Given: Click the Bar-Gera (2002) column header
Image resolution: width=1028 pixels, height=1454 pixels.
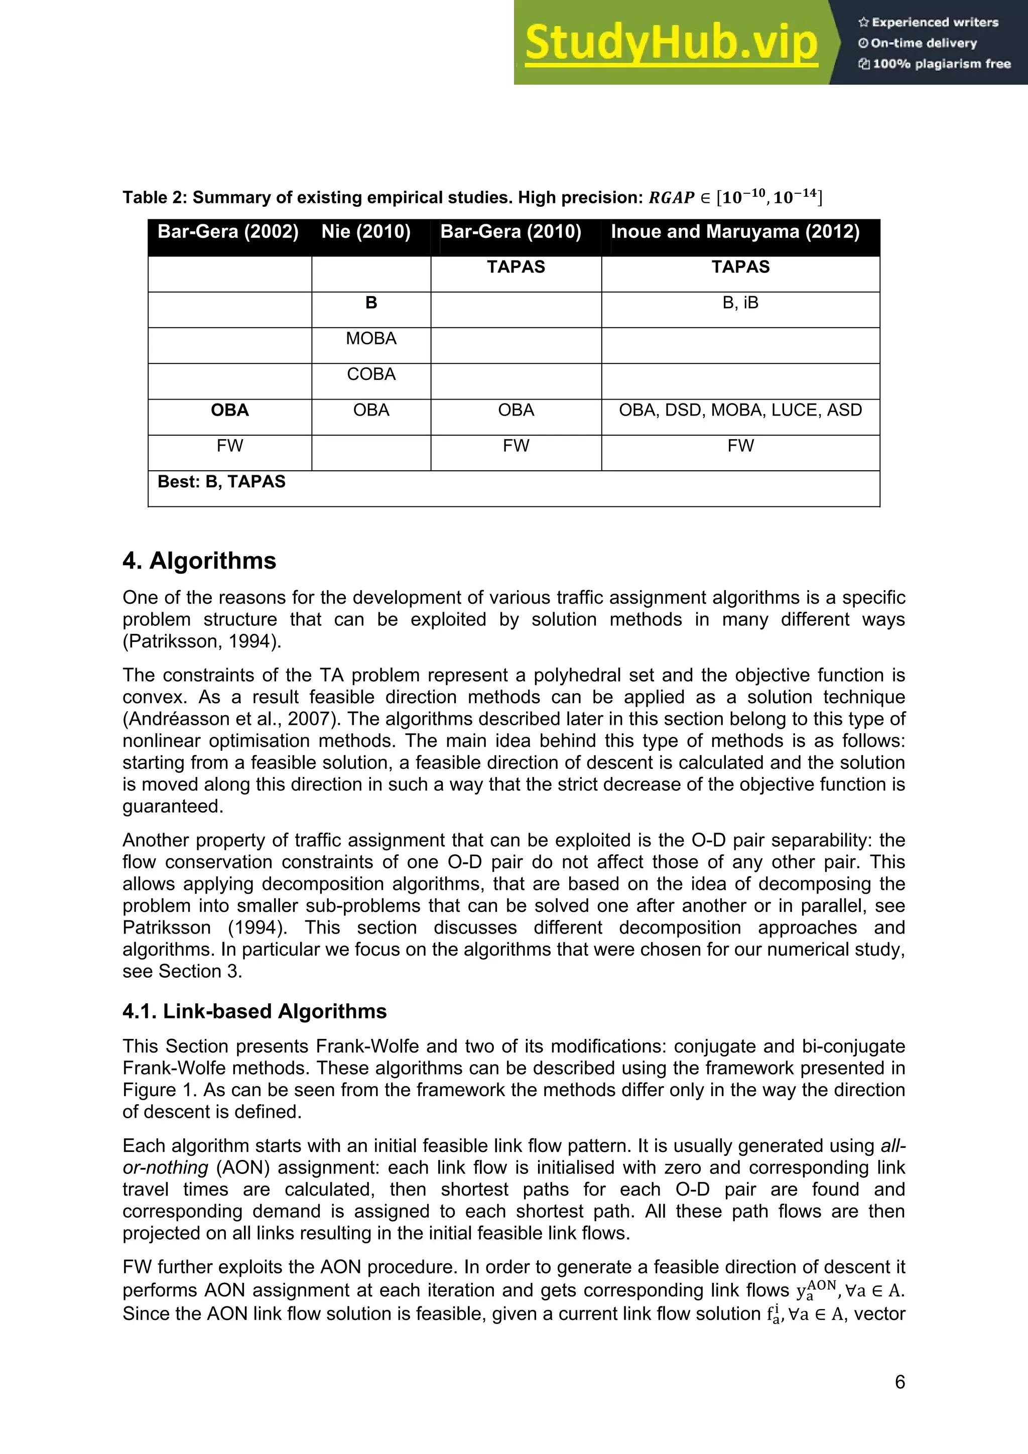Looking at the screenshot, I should coord(228,232).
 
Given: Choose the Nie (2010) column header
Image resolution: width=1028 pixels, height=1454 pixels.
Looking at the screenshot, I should coord(366,232).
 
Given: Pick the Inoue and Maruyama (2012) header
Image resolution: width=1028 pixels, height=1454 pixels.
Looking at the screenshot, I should coord(735,232).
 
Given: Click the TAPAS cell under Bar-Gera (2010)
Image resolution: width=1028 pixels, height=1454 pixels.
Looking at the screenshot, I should coord(516,267).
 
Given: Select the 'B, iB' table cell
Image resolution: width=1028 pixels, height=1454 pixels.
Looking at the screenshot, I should coord(740,303).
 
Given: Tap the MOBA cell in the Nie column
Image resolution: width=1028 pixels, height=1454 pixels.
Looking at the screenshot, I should coord(371,338).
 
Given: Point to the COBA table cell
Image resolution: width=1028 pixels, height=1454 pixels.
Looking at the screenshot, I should coord(371,374).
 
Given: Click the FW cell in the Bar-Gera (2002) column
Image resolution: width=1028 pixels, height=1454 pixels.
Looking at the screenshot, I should coord(229,446).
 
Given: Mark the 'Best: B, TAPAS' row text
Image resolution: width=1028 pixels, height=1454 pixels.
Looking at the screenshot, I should coord(222,482).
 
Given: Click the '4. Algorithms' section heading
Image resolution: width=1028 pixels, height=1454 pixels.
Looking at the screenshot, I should coord(199,561).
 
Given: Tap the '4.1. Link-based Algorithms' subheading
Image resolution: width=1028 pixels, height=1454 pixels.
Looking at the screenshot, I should coord(254,1011).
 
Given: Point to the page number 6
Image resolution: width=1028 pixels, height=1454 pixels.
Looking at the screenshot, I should coord(899,1382).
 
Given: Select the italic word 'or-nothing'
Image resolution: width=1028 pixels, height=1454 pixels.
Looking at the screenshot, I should coord(165,1167).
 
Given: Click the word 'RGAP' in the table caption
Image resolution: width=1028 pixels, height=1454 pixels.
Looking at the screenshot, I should coord(672,198).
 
